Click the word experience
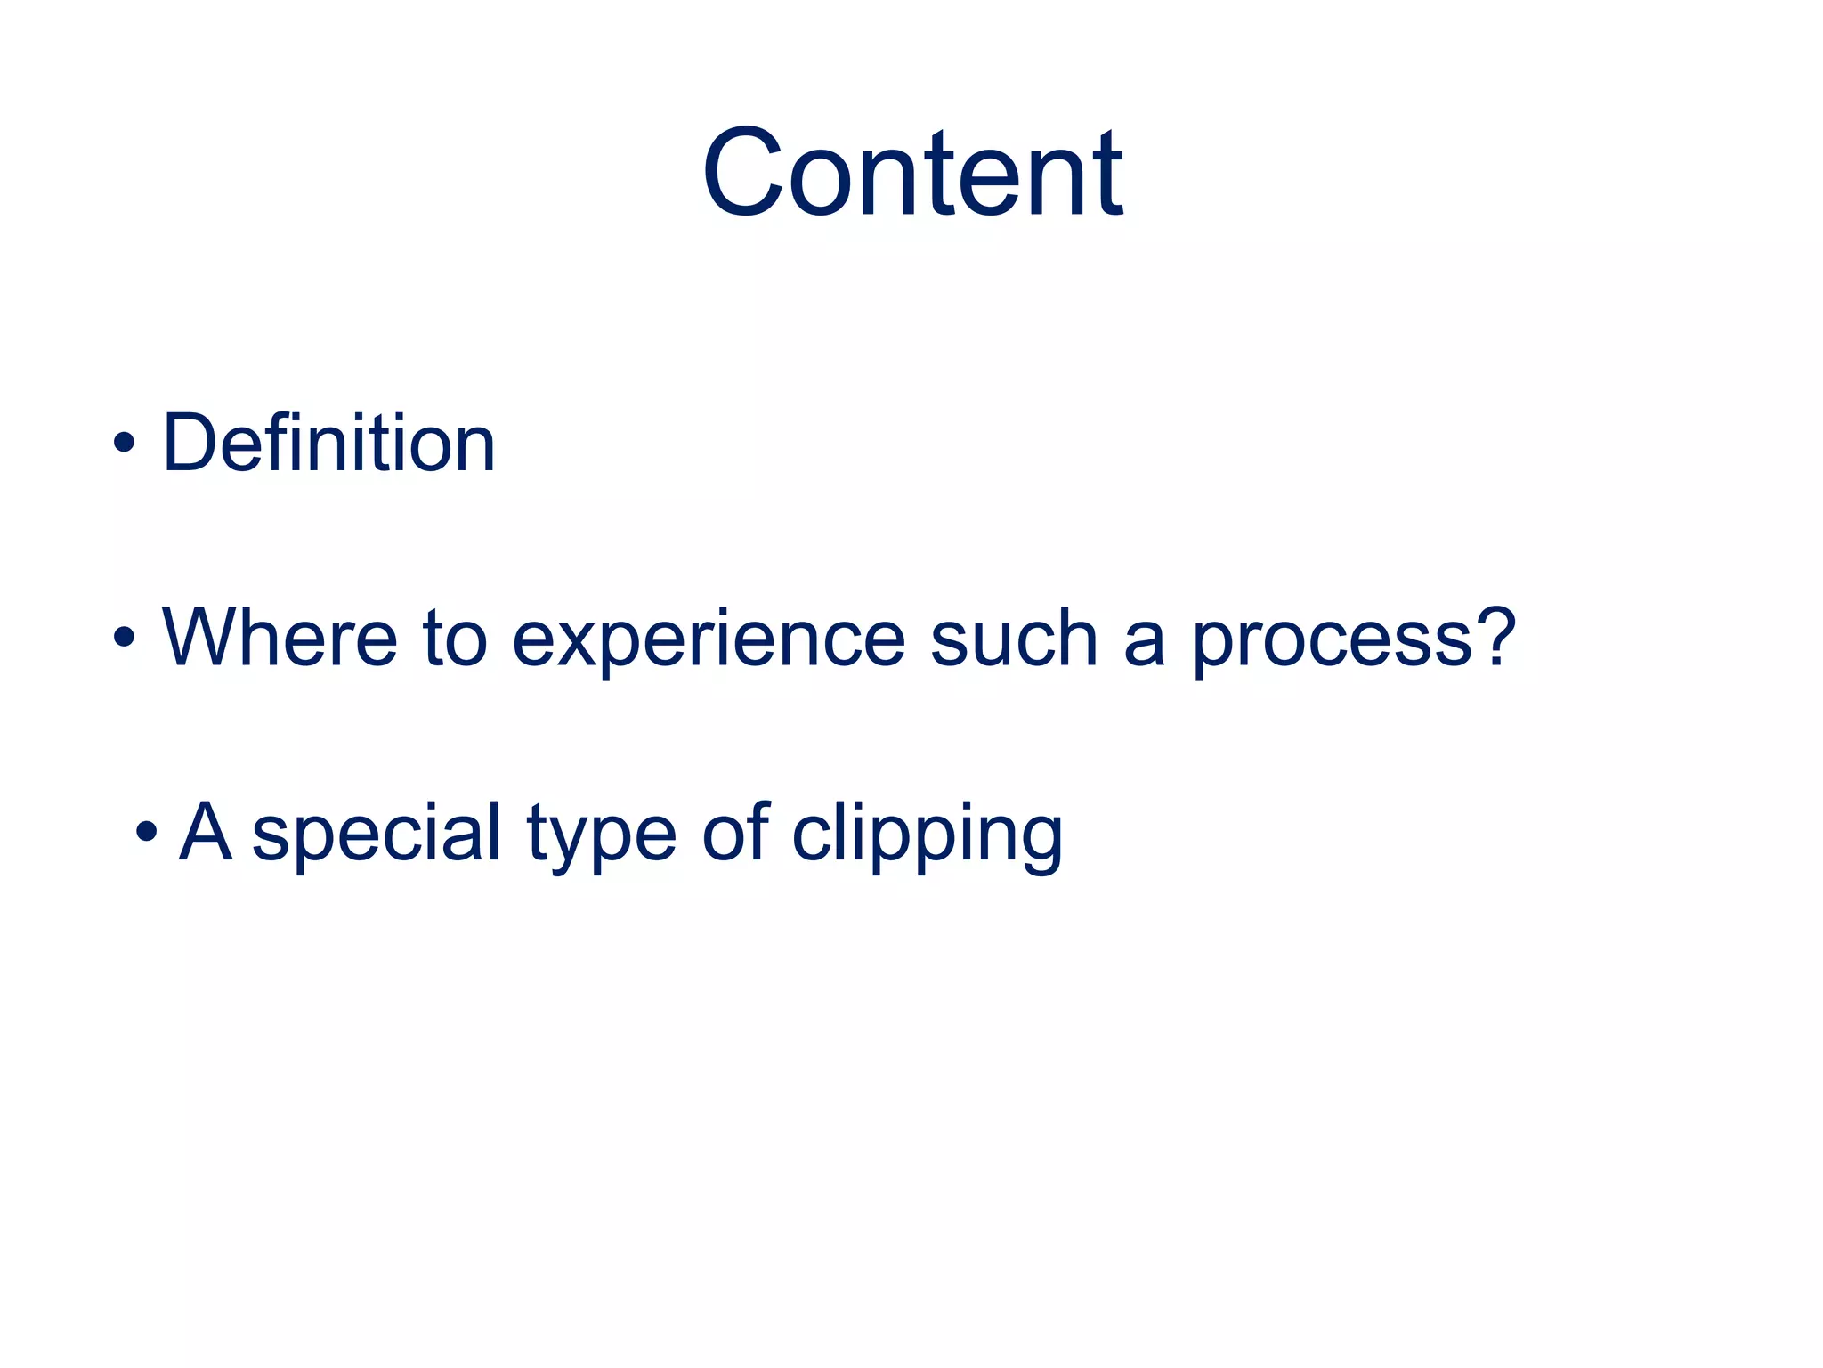coord(709,640)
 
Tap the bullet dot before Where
coord(125,637)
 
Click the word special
coord(377,834)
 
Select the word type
coord(601,835)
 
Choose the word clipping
coord(927,835)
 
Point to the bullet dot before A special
coord(147,832)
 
